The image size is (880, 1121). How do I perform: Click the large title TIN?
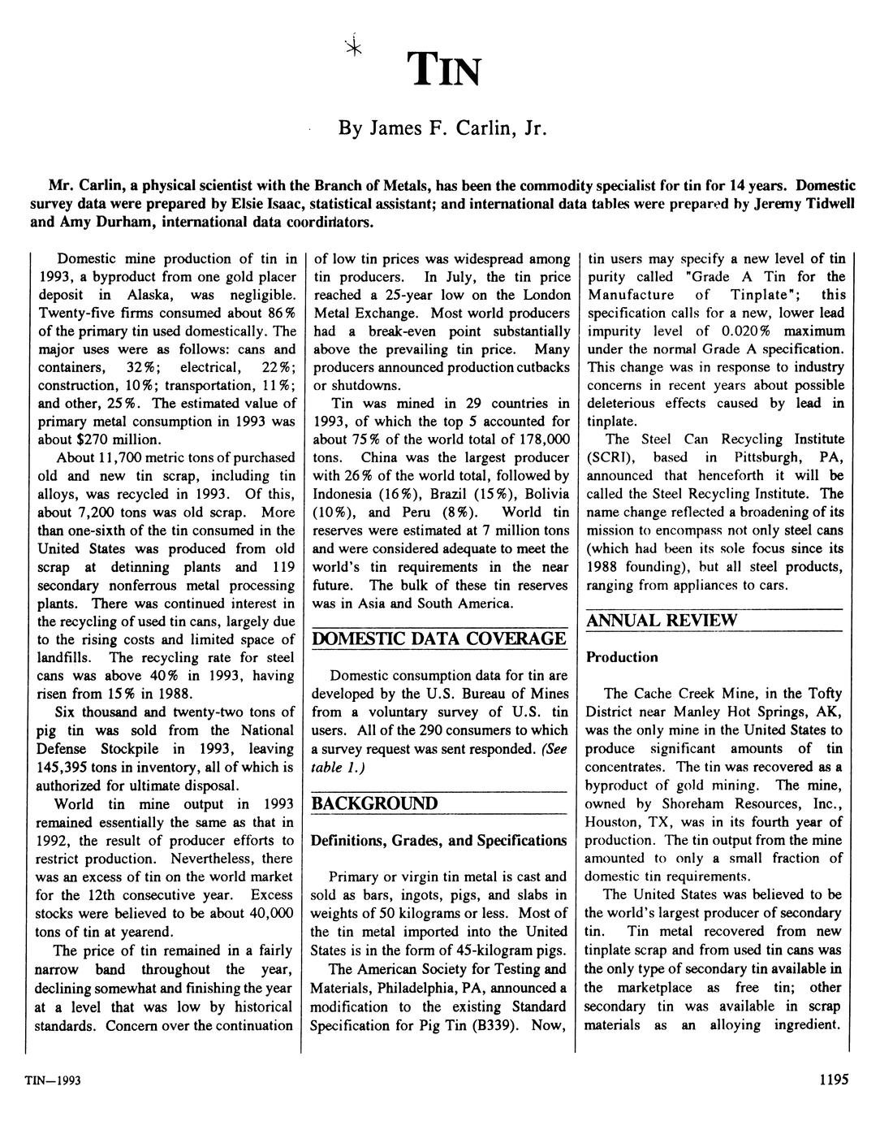tap(446, 69)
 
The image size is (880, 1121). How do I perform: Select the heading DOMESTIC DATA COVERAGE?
tap(439, 638)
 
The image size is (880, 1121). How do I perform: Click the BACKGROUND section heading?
tap(375, 803)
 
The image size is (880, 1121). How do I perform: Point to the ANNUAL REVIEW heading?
tap(662, 621)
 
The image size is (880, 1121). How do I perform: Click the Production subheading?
tap(622, 656)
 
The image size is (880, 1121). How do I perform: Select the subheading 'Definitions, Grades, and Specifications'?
tap(439, 840)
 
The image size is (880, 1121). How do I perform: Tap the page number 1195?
tap(834, 1080)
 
